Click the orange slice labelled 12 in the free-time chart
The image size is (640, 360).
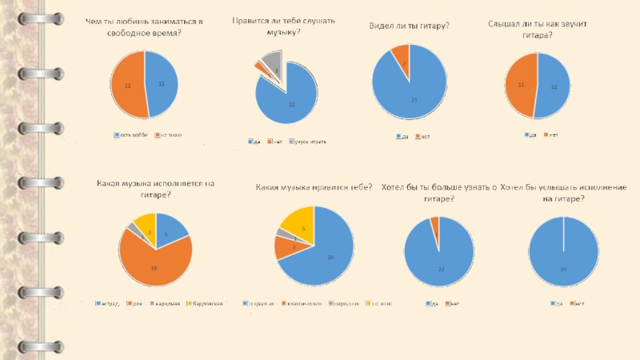point(127,85)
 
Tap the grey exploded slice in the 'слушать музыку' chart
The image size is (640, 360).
point(273,61)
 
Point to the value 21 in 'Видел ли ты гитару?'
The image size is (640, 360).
point(414,100)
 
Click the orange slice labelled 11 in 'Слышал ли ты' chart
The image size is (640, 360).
point(521,84)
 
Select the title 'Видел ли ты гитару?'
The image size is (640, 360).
point(409,26)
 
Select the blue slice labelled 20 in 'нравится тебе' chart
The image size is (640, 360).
point(328,256)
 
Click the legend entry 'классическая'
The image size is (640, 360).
point(305,303)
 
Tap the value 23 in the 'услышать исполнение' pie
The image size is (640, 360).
point(563,270)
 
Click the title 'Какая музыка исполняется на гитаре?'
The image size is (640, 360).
point(155,188)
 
